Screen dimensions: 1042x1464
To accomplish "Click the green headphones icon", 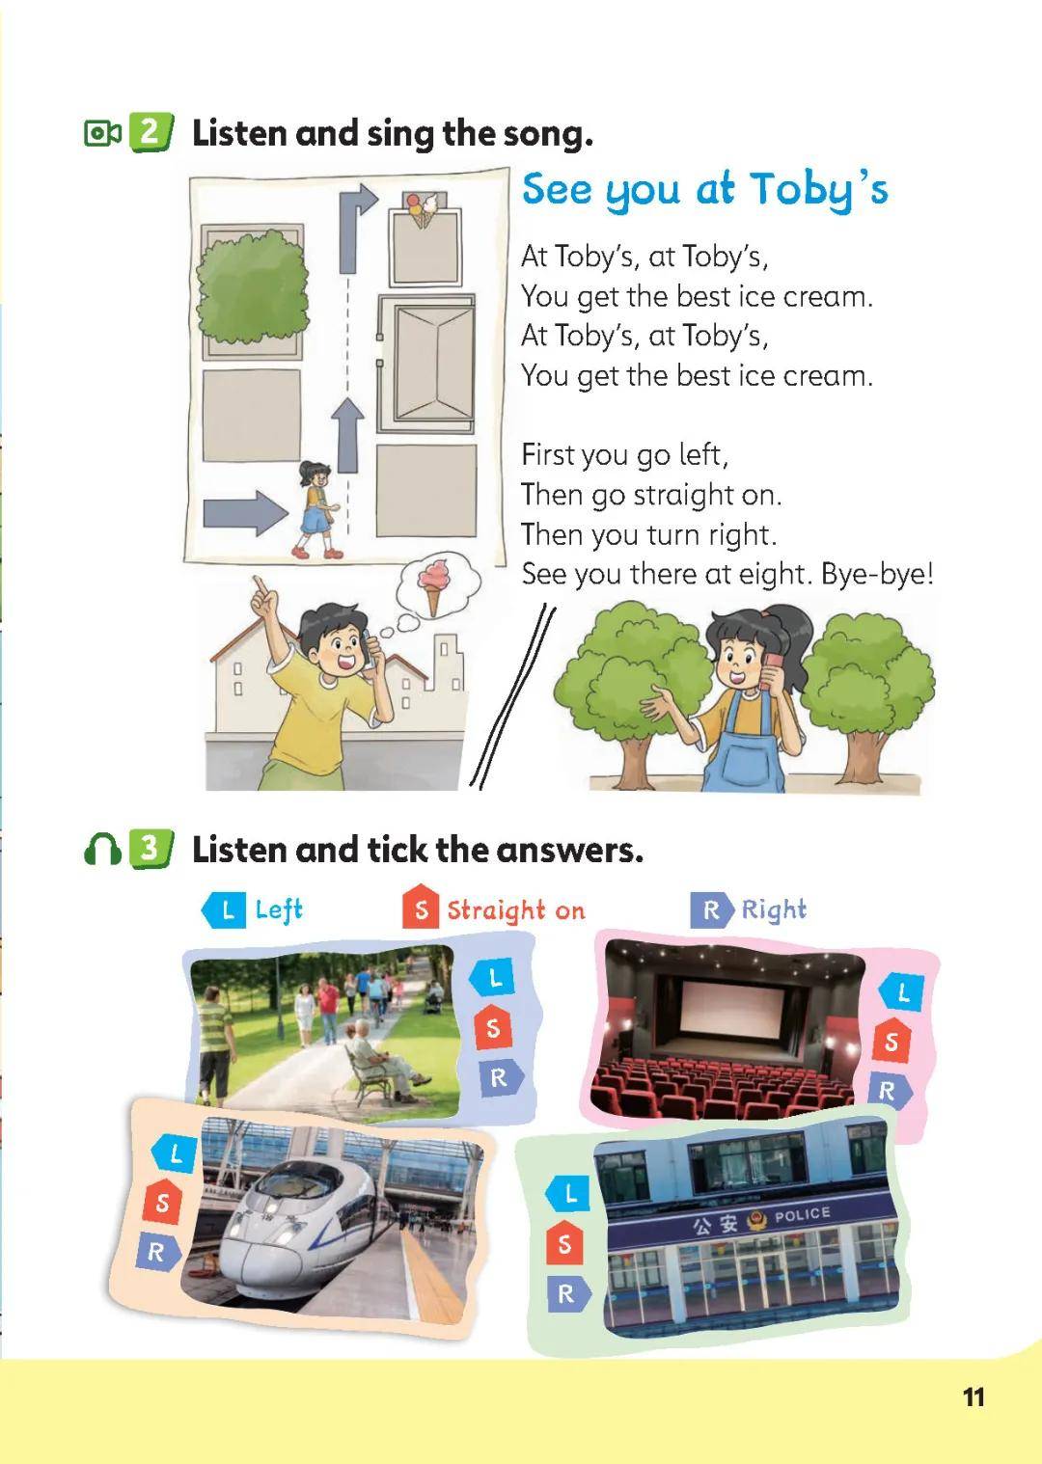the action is (102, 850).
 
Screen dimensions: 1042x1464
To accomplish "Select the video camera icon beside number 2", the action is (102, 133).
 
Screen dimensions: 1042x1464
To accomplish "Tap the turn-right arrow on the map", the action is (357, 228).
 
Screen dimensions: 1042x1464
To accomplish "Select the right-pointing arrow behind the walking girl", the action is (245, 513).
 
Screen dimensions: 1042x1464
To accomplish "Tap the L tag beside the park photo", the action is (492, 977).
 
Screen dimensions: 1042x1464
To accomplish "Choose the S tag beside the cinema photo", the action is (891, 1042).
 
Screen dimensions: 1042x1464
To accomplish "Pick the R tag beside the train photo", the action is (158, 1252).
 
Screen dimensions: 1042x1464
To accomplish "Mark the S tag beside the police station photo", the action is (565, 1243).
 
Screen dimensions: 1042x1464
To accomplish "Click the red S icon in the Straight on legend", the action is (421, 908).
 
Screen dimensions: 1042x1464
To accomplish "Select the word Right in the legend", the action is (774, 909).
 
